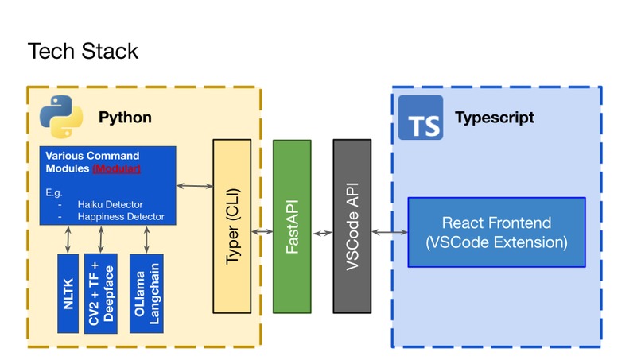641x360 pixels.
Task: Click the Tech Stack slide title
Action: (83, 51)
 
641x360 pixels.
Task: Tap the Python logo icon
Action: (61, 117)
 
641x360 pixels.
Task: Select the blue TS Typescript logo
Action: (420, 118)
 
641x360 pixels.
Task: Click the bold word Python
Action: (125, 118)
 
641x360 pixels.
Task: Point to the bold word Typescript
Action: (494, 118)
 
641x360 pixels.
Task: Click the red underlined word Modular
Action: (117, 168)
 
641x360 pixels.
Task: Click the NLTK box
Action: (68, 293)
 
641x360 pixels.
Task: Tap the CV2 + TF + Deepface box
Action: (101, 293)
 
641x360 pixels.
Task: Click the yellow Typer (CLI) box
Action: (231, 226)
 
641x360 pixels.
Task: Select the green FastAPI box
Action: (292, 226)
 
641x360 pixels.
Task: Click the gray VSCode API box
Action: (352, 226)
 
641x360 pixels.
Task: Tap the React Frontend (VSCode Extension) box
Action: (496, 232)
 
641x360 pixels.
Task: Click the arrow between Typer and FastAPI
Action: (262, 232)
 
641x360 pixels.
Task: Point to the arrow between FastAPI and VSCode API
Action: (322, 233)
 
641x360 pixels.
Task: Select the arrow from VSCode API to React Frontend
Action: (389, 232)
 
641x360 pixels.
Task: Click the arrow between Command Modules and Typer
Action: (194, 186)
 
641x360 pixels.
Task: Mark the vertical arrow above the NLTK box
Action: (68, 239)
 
